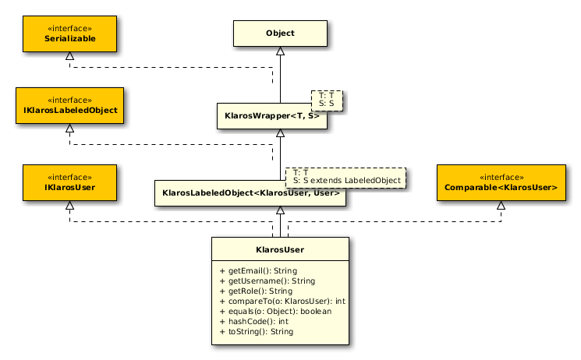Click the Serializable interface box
[69, 34]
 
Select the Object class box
[280, 34]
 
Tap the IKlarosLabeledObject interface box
[69, 105]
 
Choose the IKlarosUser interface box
[69, 182]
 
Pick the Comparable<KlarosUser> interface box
[501, 182]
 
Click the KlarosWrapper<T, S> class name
[272, 116]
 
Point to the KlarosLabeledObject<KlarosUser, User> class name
[251, 193]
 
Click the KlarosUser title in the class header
[280, 249]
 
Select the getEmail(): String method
[258, 270]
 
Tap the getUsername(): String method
[267, 281]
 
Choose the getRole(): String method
[256, 291]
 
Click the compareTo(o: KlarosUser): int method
[282, 301]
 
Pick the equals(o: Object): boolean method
[275, 311]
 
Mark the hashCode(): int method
[253, 322]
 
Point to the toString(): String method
[257, 331]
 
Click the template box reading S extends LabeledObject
[345, 178]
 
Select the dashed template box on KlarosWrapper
[327, 101]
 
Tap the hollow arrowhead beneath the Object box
[280, 51]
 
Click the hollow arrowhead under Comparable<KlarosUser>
[501, 205]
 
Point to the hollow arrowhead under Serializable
[69, 56]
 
